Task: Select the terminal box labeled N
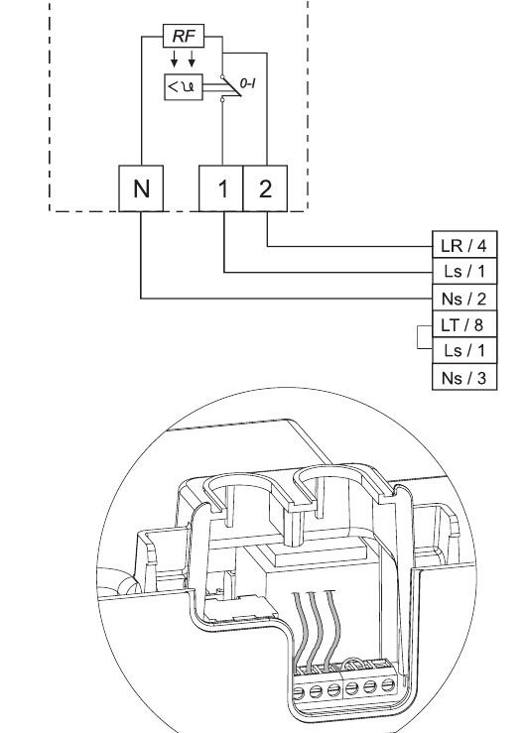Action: tap(141, 189)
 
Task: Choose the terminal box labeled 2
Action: tap(265, 189)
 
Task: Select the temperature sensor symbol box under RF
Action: tap(183, 89)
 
